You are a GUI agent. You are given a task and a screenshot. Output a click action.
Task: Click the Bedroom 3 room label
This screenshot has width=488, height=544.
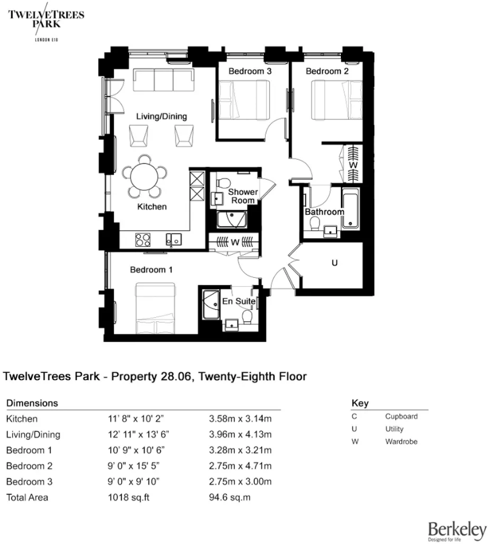(x=249, y=71)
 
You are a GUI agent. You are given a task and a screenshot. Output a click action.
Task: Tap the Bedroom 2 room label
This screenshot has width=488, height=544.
(x=327, y=71)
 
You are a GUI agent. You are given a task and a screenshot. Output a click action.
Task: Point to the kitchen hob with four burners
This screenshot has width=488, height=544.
(x=143, y=239)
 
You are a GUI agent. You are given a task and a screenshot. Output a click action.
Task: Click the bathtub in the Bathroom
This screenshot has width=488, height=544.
(x=351, y=209)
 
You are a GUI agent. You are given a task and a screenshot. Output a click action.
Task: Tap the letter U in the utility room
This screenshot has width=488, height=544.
(x=334, y=264)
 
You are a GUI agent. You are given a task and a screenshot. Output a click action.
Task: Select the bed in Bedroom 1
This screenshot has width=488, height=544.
(x=156, y=308)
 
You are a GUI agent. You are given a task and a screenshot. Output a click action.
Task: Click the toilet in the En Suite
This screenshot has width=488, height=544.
(x=246, y=316)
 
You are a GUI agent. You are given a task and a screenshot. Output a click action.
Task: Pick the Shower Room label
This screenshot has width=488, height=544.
(x=242, y=196)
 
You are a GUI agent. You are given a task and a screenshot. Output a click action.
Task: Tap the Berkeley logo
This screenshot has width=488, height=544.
(x=457, y=530)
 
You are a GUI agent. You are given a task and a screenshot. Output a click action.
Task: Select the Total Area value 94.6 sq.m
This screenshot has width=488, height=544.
(x=229, y=497)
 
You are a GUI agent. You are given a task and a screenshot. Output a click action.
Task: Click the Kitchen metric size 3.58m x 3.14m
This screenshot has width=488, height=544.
(x=240, y=419)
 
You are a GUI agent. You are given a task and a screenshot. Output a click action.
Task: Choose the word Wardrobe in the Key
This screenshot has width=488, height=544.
(x=401, y=441)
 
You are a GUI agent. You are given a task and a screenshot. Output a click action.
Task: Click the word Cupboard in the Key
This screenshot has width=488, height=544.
(x=401, y=416)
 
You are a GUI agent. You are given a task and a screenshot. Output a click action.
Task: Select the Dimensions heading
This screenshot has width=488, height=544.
(x=32, y=402)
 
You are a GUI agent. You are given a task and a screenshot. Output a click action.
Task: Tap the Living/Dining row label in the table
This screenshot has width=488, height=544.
(x=33, y=434)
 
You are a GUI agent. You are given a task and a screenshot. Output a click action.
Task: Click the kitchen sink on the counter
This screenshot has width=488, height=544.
(x=173, y=239)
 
